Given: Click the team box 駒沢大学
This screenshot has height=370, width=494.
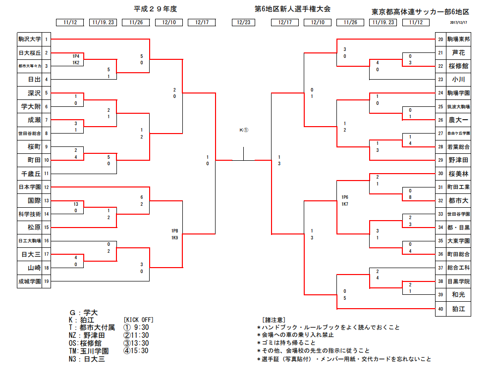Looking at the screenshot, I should [x=29, y=39].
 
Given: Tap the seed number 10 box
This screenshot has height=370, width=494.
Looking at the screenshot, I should [x=46, y=160].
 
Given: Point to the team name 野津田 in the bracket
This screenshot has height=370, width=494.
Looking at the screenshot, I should [x=458, y=160].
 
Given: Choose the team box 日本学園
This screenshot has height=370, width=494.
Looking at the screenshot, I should [x=29, y=187].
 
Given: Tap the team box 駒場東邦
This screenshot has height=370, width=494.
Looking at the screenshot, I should [x=458, y=39].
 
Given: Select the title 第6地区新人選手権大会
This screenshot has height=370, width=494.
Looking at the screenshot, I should [x=285, y=9].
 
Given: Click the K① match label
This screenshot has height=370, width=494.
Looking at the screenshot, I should [x=244, y=130].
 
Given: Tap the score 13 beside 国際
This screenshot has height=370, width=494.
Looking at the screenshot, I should [x=76, y=204].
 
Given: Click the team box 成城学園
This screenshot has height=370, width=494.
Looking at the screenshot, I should [x=29, y=281].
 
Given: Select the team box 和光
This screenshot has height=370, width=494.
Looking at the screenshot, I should [x=458, y=295].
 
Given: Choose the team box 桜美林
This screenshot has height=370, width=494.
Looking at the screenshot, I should [x=458, y=174].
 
